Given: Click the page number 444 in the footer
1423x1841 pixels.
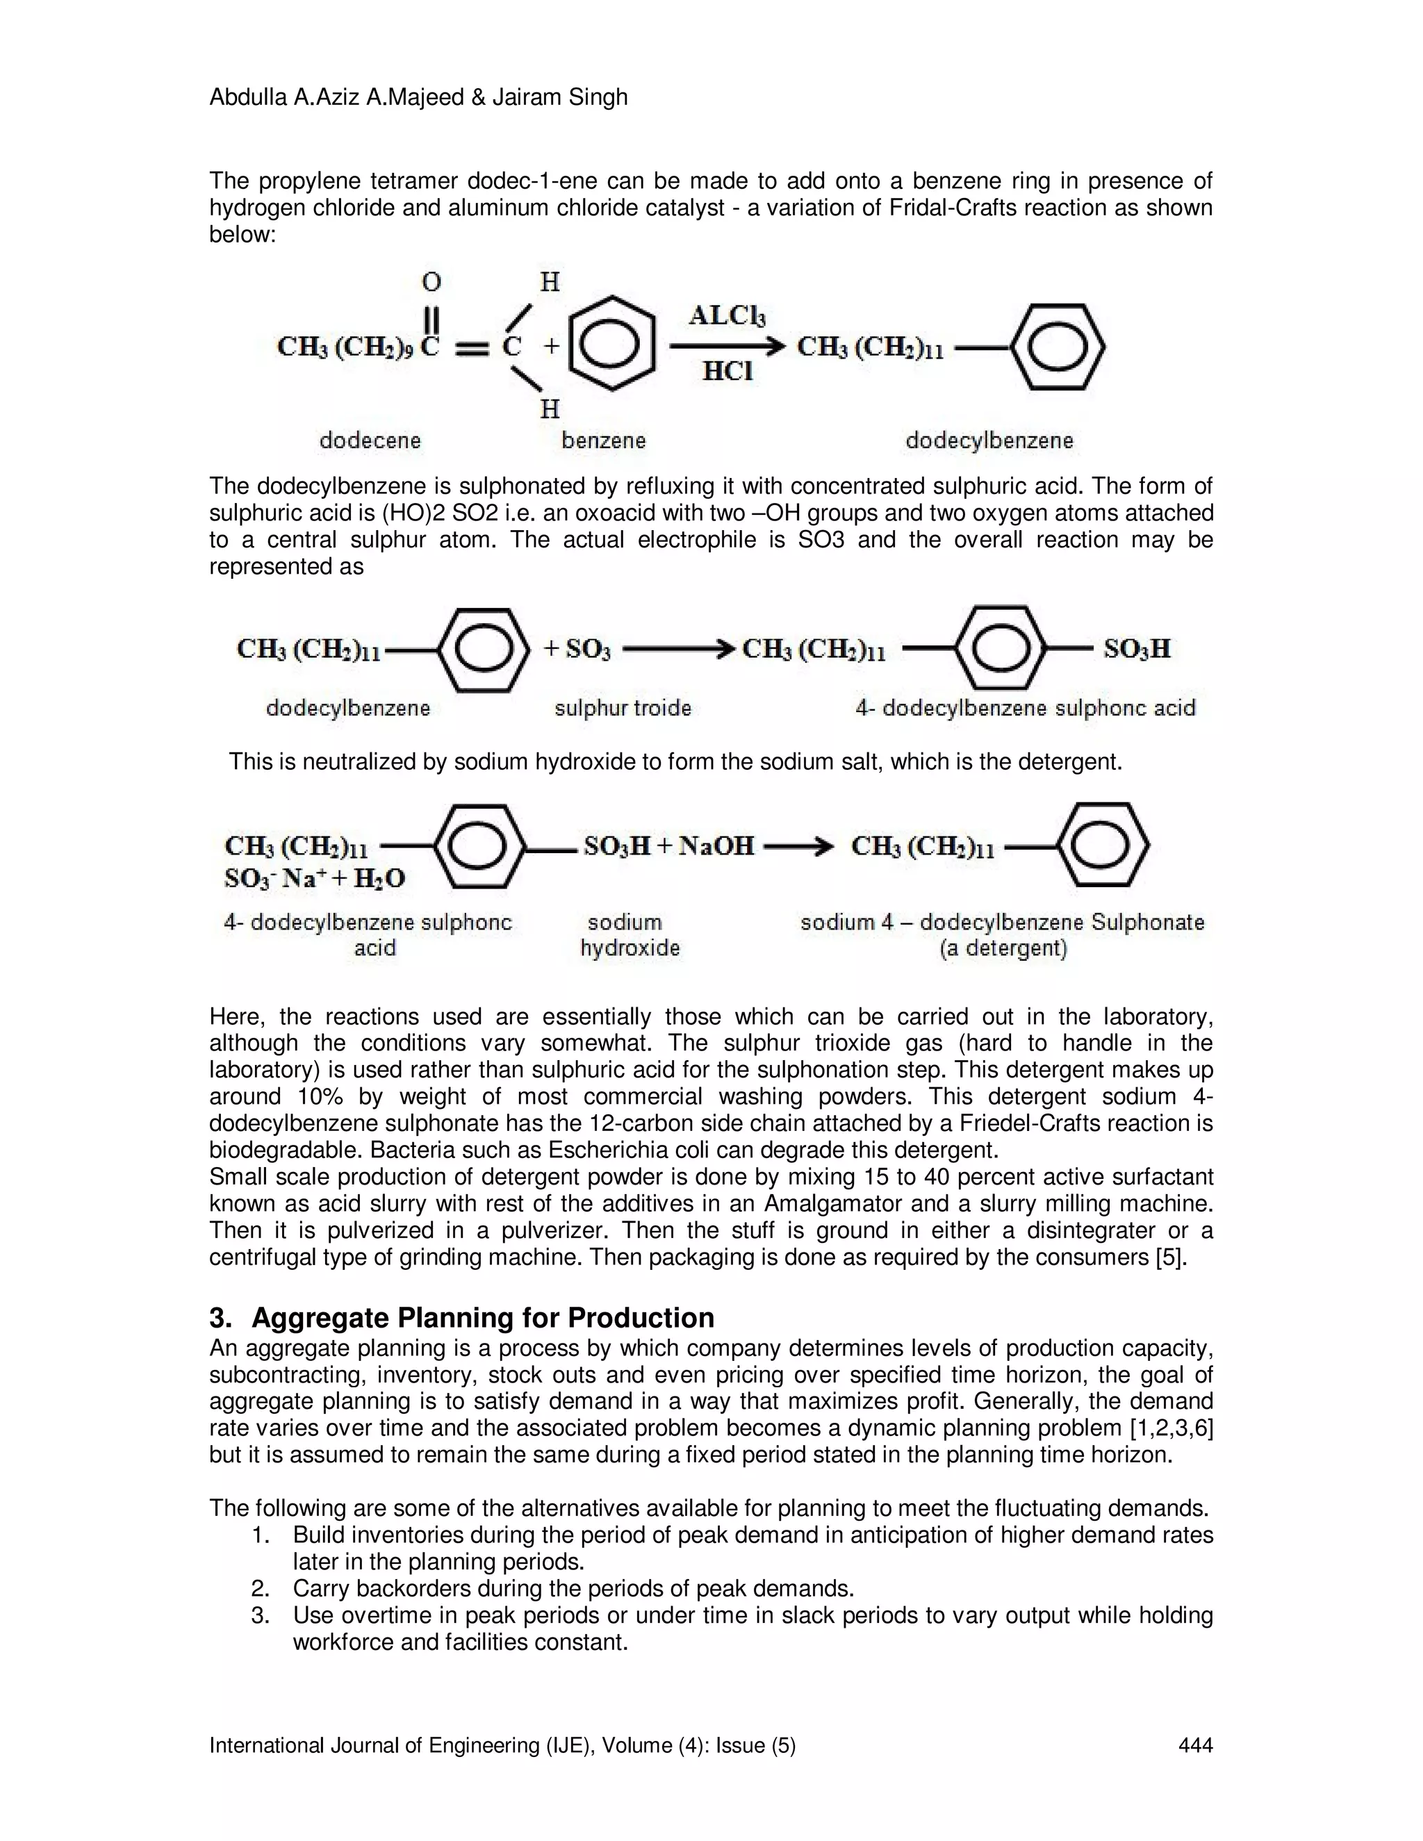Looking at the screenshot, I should coord(1194,1745).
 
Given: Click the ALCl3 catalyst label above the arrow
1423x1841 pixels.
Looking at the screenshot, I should coord(727,316).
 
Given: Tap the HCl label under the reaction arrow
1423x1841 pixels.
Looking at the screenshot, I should coord(727,371).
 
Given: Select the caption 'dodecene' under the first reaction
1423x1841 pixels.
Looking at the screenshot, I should coord(370,440).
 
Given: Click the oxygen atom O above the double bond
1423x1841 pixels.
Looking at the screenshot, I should coord(431,281).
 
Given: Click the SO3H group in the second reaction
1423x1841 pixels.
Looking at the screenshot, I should coord(1136,649).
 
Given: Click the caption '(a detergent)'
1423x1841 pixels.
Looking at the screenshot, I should coord(1003,948).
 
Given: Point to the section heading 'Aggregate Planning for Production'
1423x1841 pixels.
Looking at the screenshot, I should coord(482,1317).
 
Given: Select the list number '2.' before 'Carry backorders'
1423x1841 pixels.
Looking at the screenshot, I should coord(261,1589).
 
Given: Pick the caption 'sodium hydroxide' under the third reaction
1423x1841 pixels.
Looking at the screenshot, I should coord(629,935).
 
